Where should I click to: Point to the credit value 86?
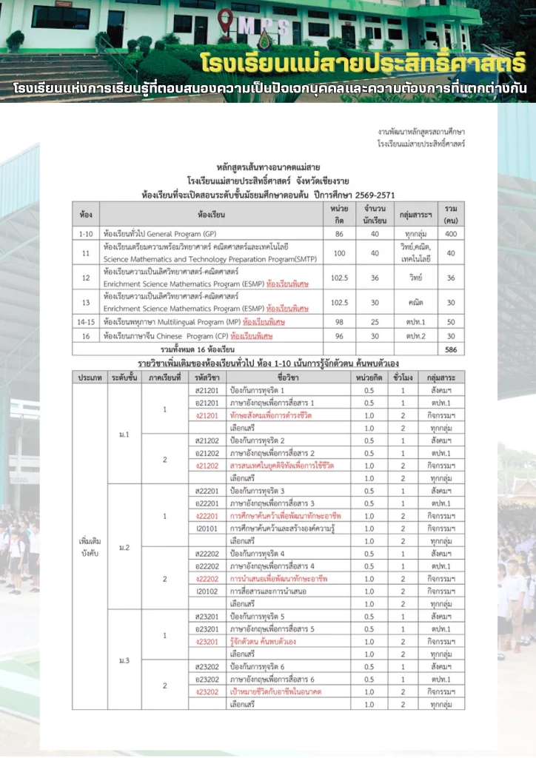pos(340,232)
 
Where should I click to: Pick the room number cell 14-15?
pos(85,322)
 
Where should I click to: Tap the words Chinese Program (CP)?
pos(182,335)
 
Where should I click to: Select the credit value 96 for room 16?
pos(340,335)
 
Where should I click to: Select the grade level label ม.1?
pos(124,434)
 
